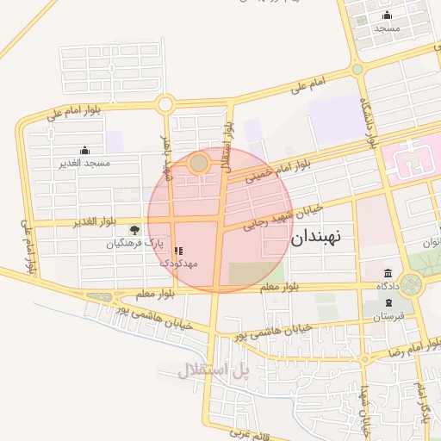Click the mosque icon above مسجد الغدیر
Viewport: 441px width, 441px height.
coord(84,151)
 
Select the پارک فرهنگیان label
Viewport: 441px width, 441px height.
coord(134,244)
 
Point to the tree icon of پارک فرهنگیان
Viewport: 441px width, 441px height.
coord(134,230)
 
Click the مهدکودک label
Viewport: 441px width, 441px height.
coord(179,263)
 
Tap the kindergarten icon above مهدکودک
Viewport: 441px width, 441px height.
coord(178,251)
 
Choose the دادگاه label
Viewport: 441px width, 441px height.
coord(385,285)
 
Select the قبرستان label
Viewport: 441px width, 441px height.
coord(388,316)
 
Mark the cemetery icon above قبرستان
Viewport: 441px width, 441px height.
coord(388,303)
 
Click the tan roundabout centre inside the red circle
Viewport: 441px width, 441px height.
coord(199,162)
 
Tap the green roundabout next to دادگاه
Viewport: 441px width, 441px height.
coord(410,282)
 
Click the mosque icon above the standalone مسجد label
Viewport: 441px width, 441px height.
coord(387,16)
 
